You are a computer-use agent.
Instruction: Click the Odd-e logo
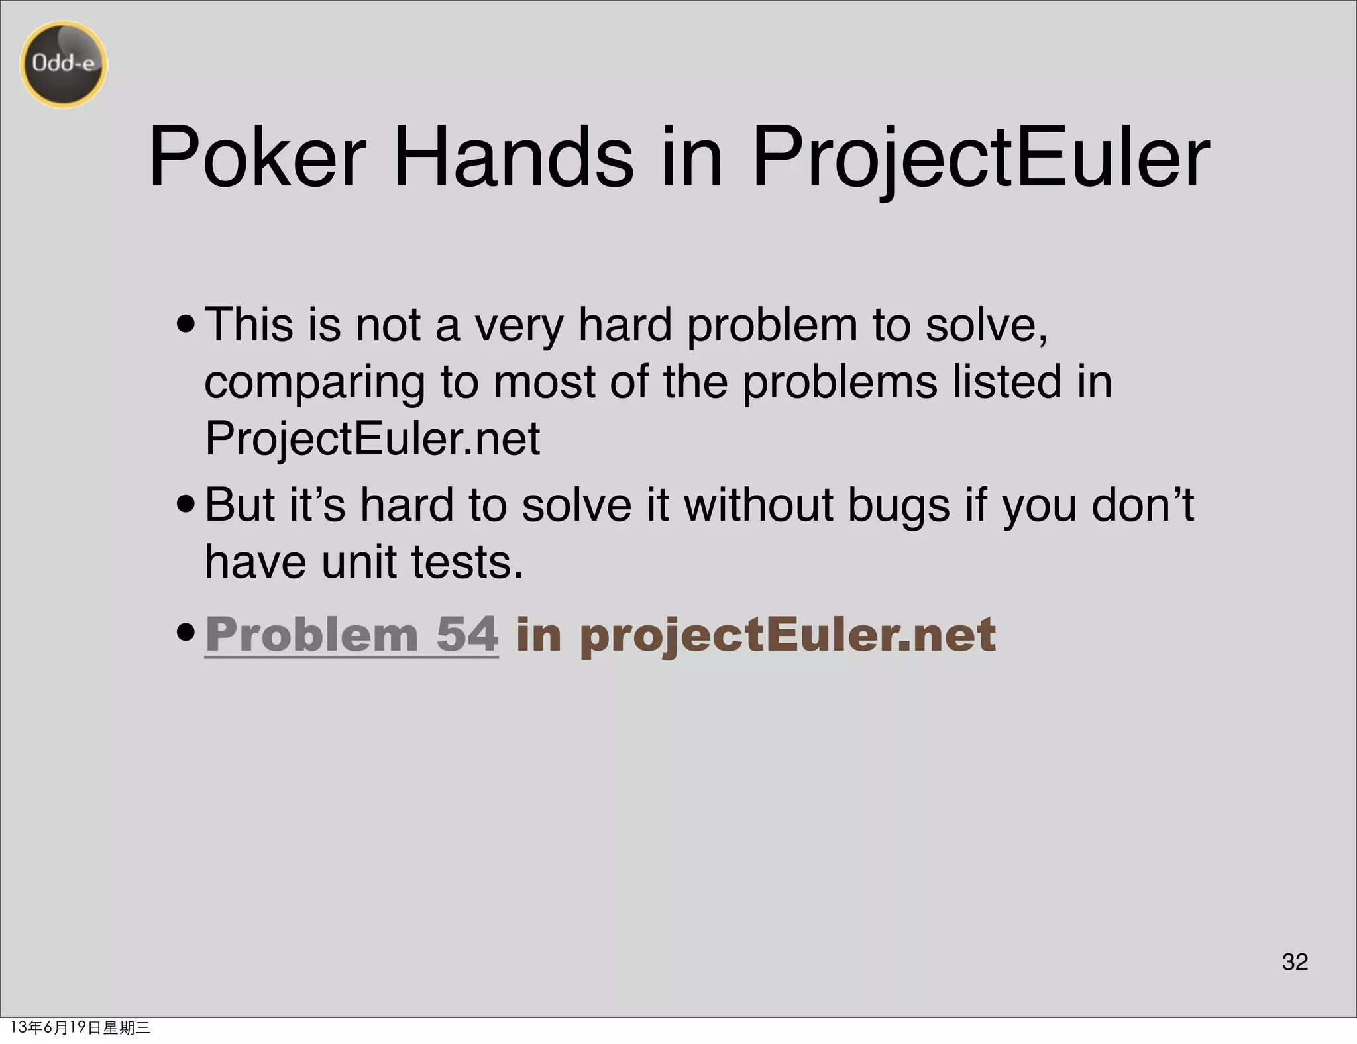tap(64, 64)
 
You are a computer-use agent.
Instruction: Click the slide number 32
tap(1295, 961)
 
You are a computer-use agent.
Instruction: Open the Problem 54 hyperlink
tap(351, 635)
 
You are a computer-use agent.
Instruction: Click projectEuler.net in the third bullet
tap(787, 635)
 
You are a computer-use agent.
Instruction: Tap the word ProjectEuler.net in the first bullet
tap(372, 439)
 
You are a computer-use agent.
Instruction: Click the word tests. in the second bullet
tap(467, 562)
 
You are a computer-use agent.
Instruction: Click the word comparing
tap(315, 383)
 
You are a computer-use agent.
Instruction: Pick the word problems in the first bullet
tap(840, 383)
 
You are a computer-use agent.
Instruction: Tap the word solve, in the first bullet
tap(987, 325)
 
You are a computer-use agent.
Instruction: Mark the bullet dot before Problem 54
tap(186, 633)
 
